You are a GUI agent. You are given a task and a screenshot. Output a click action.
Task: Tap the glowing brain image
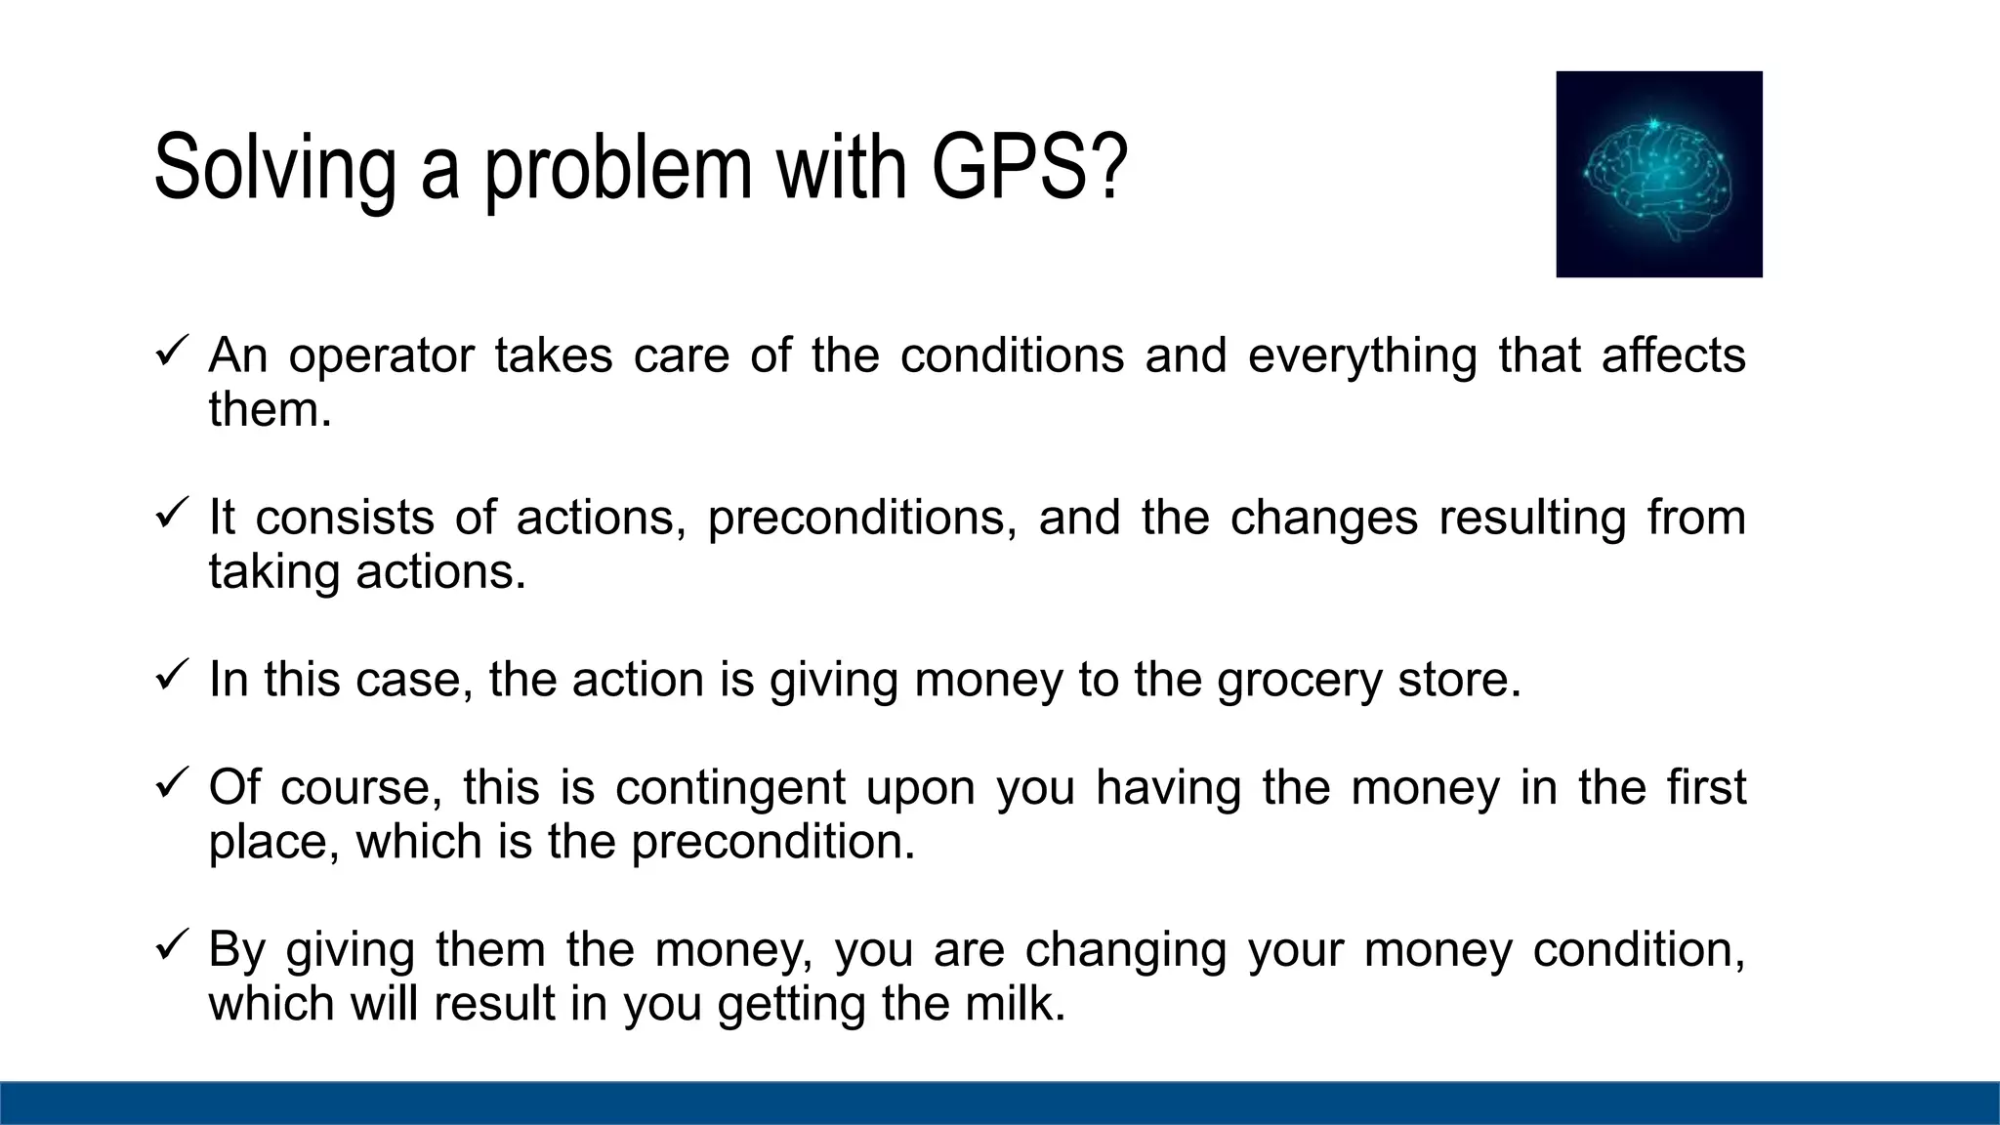[1658, 174]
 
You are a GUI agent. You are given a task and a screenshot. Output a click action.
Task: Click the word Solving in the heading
[274, 168]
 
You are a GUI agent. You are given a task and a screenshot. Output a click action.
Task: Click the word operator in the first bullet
[381, 355]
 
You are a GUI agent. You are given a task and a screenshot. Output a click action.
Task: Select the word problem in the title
[618, 168]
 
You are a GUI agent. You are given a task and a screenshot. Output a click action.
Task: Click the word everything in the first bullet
[1362, 355]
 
